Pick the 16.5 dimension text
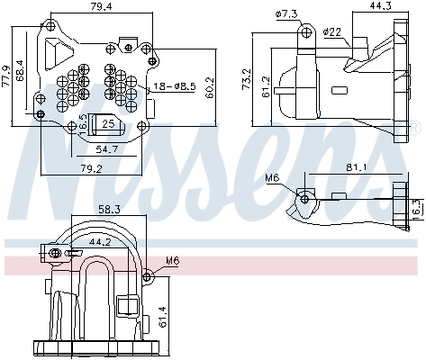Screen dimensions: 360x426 point(83,123)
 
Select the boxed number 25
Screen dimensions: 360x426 point(108,124)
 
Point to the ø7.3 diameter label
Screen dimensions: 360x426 point(287,14)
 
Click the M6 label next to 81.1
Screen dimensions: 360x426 point(273,177)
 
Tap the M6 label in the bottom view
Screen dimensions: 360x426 point(172,263)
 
